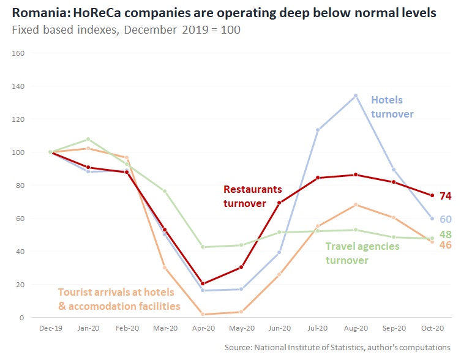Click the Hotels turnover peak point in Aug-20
(x=355, y=96)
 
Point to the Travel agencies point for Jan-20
(x=88, y=140)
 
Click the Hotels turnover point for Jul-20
(x=317, y=130)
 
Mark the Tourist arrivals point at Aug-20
(x=355, y=205)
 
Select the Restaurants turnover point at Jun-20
(x=279, y=203)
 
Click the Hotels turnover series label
(x=392, y=107)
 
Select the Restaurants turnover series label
(x=253, y=197)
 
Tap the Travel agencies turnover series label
(x=362, y=253)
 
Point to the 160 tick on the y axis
(x=18, y=53)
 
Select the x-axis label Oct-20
(x=431, y=328)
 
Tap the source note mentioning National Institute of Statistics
(x=337, y=347)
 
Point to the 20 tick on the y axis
(x=20, y=285)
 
